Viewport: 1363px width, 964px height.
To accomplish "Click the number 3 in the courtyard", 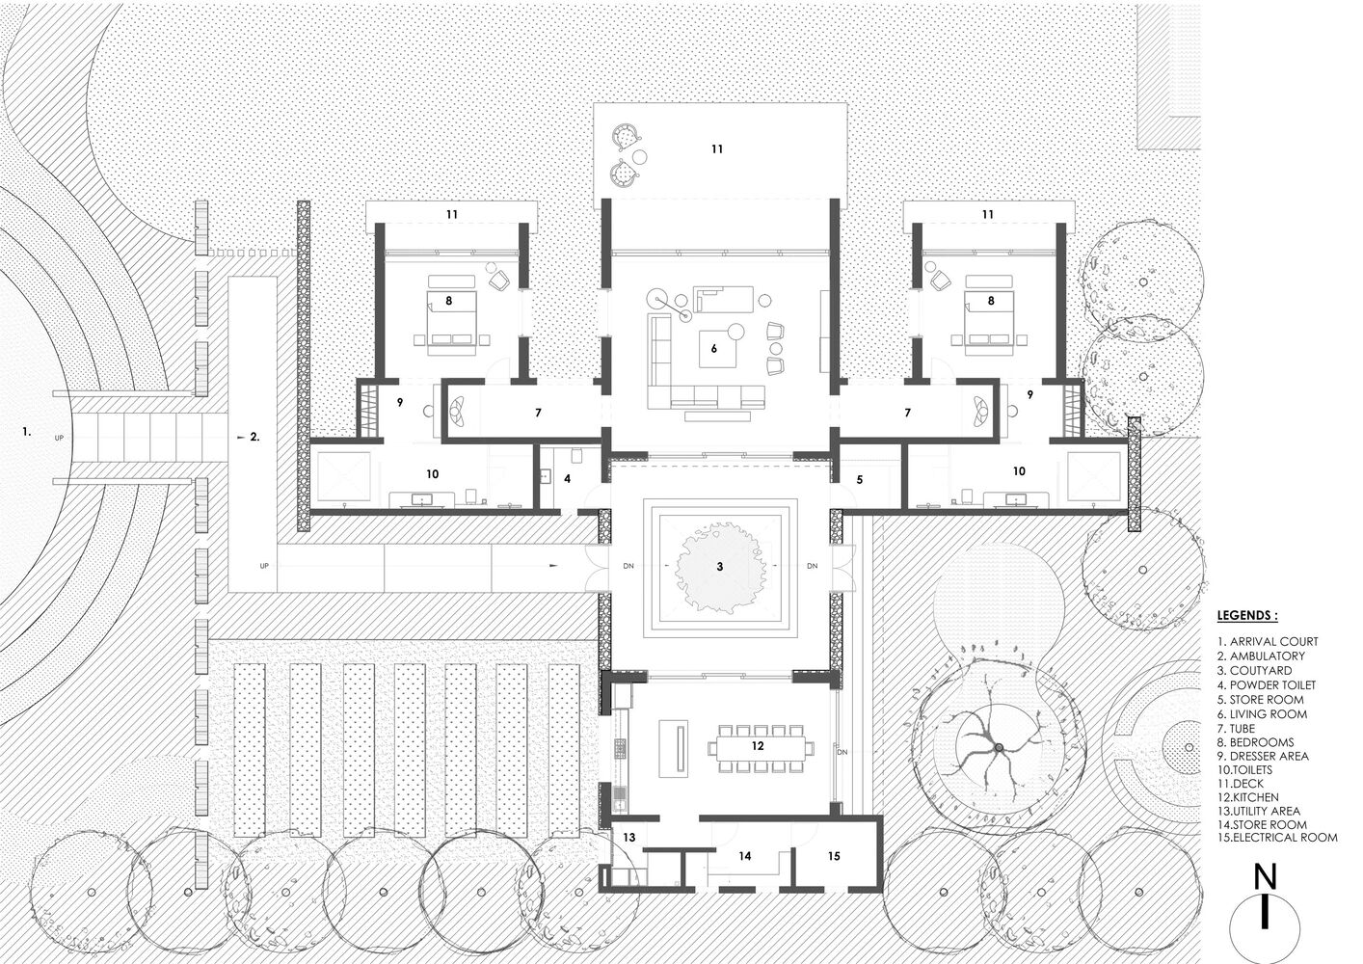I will tap(719, 566).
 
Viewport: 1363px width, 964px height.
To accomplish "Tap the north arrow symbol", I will tap(1265, 912).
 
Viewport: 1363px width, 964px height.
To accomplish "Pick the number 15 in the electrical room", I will tap(834, 855).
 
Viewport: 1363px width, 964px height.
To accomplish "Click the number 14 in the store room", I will tap(744, 855).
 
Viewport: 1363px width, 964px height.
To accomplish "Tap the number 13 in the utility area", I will tap(629, 838).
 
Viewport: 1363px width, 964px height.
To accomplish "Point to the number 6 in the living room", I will tap(714, 349).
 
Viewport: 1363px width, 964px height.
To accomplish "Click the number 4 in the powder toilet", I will tap(568, 478).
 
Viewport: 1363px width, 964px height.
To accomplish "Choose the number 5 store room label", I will tap(859, 478).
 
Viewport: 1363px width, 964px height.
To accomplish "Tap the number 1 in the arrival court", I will tap(27, 434).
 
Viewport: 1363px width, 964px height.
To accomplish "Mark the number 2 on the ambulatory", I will tap(254, 436).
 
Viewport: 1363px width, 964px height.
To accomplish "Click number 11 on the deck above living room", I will tap(716, 149).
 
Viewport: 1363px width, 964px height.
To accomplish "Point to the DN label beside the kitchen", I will tap(842, 752).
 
